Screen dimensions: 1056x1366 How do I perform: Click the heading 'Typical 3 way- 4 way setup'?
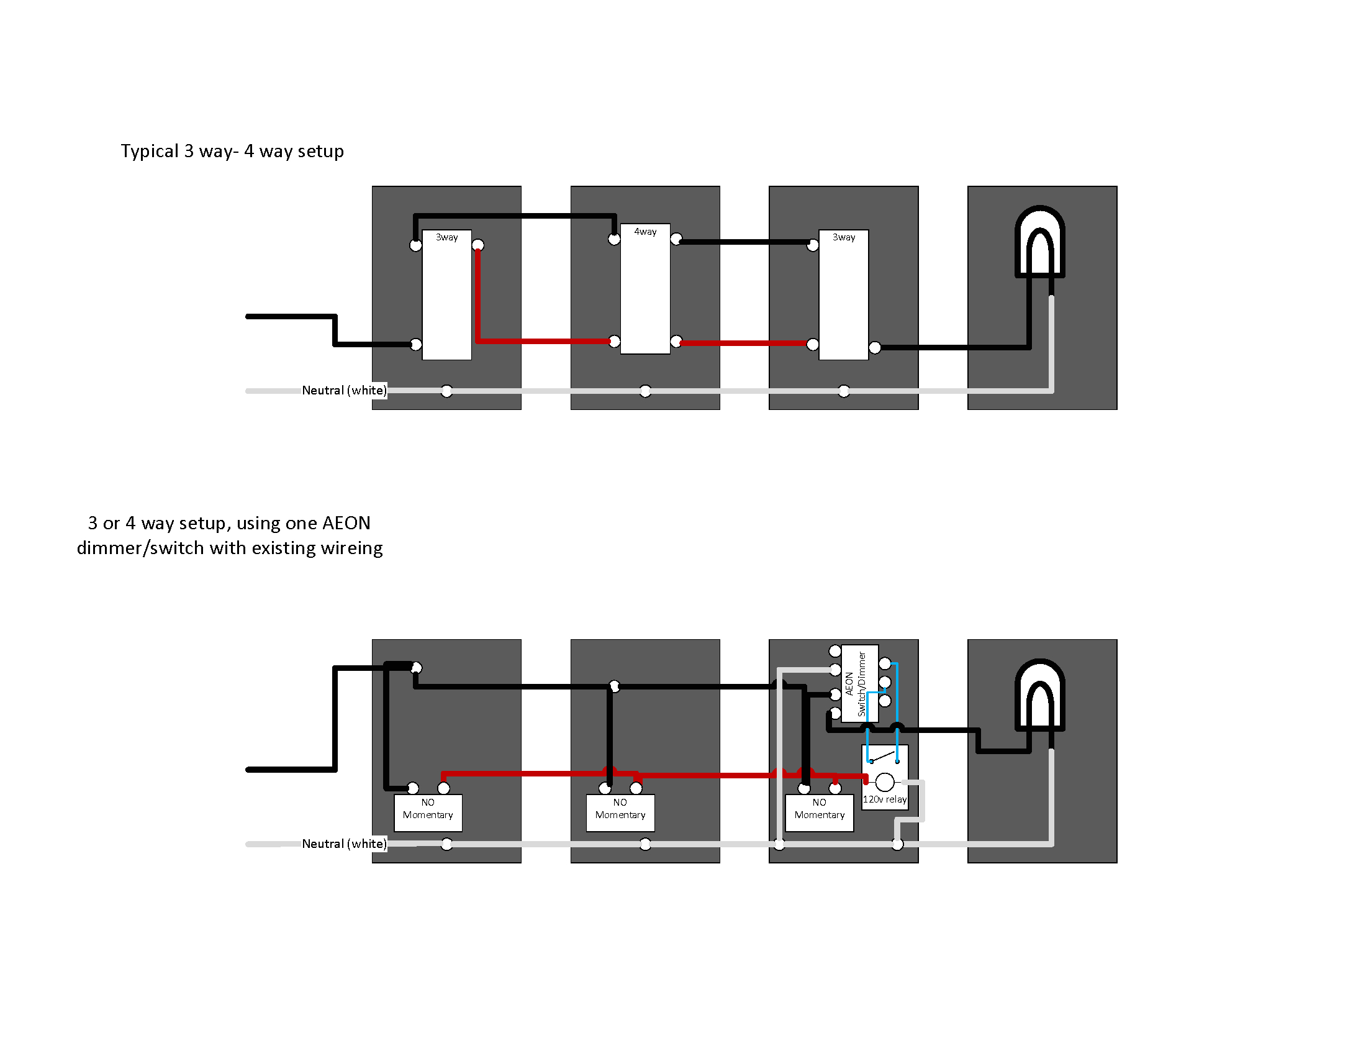click(x=232, y=152)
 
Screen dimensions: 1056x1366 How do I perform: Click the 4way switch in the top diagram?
click(x=645, y=288)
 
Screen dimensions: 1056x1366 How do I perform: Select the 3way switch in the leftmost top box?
click(x=446, y=294)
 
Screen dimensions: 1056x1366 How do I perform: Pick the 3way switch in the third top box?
click(x=843, y=294)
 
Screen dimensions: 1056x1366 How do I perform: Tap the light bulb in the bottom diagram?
click(x=1039, y=696)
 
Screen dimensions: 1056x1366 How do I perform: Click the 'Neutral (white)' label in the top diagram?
click(x=344, y=390)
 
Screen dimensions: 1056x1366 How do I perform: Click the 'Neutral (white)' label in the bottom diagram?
click(x=344, y=844)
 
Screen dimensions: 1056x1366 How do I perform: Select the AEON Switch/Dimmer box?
click(x=860, y=684)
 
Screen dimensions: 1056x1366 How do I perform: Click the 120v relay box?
click(x=884, y=778)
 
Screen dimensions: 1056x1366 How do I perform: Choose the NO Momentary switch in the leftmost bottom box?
click(x=428, y=812)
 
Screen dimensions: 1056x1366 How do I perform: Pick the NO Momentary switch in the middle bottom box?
click(x=620, y=812)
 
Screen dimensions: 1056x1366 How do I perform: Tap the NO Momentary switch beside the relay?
click(x=820, y=812)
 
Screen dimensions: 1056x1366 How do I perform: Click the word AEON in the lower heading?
click(x=346, y=523)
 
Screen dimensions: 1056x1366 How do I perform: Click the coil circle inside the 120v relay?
click(x=884, y=782)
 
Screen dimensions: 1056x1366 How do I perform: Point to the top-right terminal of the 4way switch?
click(x=676, y=239)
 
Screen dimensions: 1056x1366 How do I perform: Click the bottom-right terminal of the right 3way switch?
click(x=875, y=347)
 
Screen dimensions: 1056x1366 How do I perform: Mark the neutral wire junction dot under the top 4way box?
click(x=645, y=391)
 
